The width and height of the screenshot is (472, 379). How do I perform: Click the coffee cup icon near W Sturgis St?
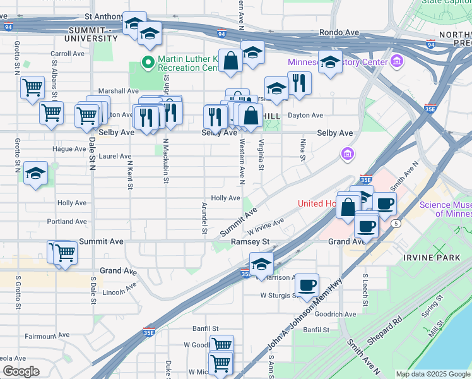pyautogui.click(x=307, y=285)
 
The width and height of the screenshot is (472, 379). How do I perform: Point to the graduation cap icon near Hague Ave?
pyautogui.click(x=36, y=174)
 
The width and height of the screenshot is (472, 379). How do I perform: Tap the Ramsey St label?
pyautogui.click(x=250, y=242)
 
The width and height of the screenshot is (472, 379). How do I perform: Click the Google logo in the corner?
pyautogui.click(x=21, y=371)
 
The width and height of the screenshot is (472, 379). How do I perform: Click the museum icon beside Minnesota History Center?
pyautogui.click(x=397, y=62)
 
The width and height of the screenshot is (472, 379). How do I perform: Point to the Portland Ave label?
pyautogui.click(x=67, y=222)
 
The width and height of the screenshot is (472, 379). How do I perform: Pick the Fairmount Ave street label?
pyautogui.click(x=46, y=336)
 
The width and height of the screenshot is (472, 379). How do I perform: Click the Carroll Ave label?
pyautogui.click(x=68, y=54)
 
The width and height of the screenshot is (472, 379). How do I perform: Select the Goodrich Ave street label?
pyautogui.click(x=335, y=314)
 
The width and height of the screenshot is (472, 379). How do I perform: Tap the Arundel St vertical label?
pyautogui.click(x=204, y=218)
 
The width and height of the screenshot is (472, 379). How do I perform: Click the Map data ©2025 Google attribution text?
pyautogui.click(x=432, y=374)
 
